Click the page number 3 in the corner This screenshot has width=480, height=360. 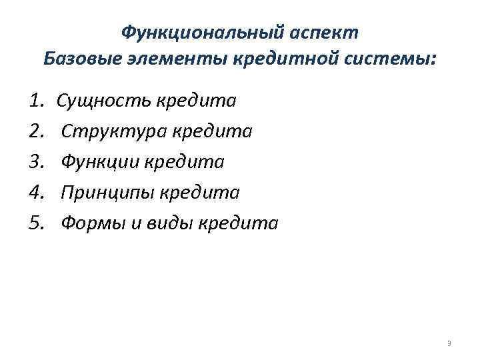tap(449, 343)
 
